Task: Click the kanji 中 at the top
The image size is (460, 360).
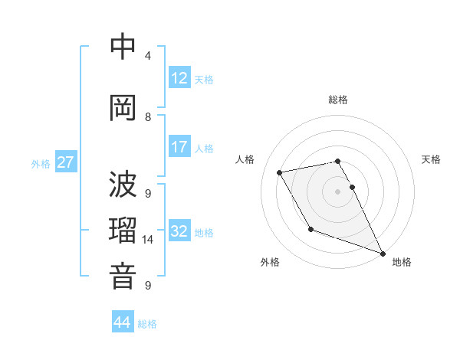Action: coord(123,47)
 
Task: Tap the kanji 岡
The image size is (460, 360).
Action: coord(123,108)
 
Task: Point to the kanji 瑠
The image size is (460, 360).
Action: coord(123,231)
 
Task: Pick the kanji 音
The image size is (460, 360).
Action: coord(123,277)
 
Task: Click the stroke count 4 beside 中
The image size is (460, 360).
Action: coord(147,56)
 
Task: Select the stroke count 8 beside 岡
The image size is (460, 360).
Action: coord(147,116)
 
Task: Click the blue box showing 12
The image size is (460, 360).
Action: coord(179,78)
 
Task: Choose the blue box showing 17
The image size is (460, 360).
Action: coord(179,147)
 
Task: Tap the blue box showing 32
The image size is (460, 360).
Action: coord(179,231)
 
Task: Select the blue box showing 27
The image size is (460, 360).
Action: coord(65,162)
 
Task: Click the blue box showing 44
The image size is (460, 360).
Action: coord(122,322)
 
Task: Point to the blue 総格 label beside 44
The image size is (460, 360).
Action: coord(147,324)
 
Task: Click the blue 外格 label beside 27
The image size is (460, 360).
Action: coord(41,163)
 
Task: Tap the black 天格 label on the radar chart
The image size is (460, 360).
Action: coord(431,159)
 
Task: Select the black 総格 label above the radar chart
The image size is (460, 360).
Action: coord(338,100)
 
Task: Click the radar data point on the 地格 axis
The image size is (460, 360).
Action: coord(383,254)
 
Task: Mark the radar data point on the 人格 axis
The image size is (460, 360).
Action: coord(280,173)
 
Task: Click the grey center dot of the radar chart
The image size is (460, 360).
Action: coord(338,191)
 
